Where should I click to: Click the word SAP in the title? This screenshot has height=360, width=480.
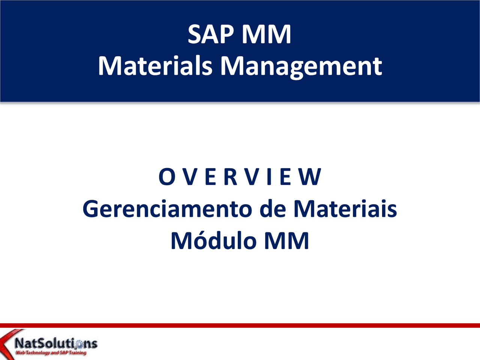click(x=211, y=34)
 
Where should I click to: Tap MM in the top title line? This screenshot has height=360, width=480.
click(x=266, y=34)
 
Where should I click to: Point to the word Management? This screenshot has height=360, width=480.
click(x=301, y=67)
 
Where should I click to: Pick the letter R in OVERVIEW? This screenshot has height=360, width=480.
click(x=231, y=177)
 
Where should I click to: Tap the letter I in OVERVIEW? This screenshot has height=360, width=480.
click(x=269, y=177)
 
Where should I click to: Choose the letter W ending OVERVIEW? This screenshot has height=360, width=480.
click(x=310, y=177)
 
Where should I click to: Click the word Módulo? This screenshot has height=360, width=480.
click(x=213, y=241)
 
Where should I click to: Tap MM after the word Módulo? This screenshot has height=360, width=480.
click(x=286, y=241)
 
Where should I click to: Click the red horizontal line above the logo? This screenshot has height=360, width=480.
click(x=240, y=325)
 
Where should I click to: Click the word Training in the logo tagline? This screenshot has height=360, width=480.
click(x=78, y=352)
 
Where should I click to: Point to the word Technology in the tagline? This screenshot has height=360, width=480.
click(x=38, y=352)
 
